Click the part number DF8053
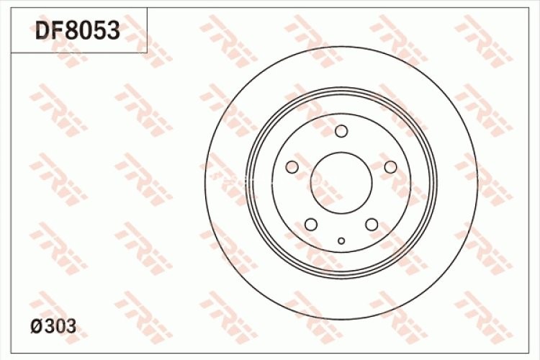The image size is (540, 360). click(77, 31)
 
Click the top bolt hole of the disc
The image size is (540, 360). click(341, 131)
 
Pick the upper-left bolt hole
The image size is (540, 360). click(292, 167)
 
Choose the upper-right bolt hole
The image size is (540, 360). click(390, 167)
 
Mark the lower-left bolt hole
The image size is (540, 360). click(311, 225)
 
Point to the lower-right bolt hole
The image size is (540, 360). click(372, 225)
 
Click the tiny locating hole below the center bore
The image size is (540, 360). click(341, 241)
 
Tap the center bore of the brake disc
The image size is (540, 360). click(341, 183)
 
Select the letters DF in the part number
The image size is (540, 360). click(48, 31)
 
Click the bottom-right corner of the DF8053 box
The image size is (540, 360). click(147, 53)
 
